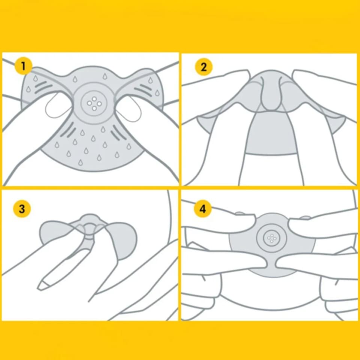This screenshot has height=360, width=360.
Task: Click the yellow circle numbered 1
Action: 23,67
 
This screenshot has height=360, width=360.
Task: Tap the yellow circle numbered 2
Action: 204,67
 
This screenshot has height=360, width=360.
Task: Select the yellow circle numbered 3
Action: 22,209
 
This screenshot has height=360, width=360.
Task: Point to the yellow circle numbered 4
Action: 203,209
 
